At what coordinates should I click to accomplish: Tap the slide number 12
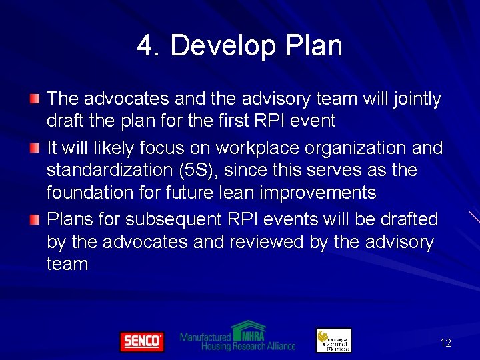pyautogui.click(x=445, y=343)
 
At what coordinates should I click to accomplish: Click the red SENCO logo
pyautogui.click(x=141, y=341)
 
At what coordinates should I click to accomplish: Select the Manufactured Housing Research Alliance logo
pyautogui.click(x=238, y=336)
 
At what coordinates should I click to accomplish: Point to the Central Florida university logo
pyautogui.click(x=333, y=340)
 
